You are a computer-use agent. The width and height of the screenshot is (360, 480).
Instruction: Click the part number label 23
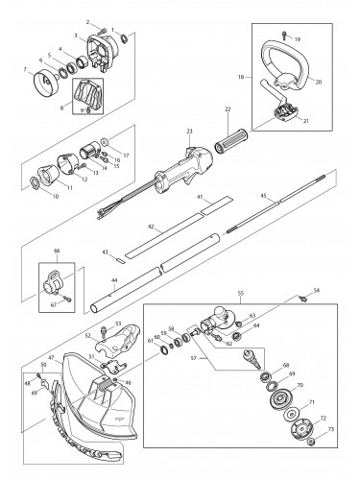pos(190,131)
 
